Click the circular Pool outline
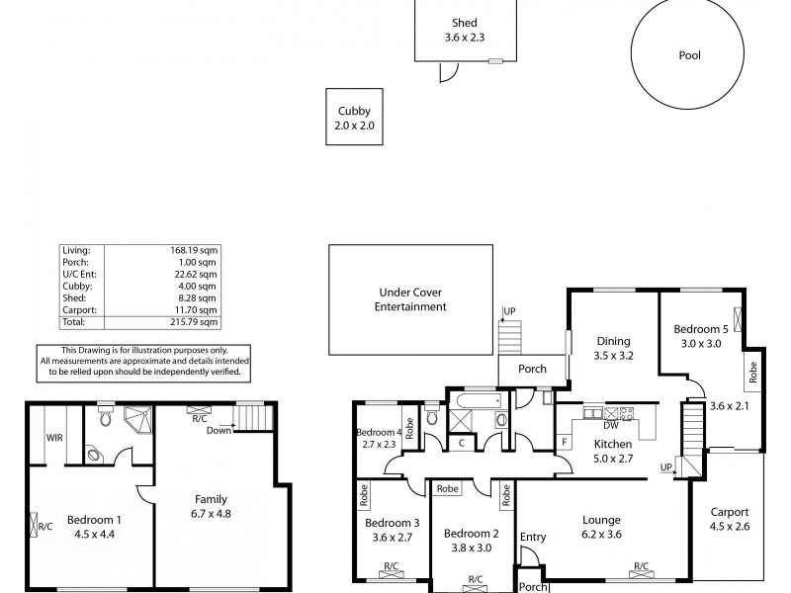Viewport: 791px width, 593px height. click(x=688, y=56)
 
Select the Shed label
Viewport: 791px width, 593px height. click(x=464, y=23)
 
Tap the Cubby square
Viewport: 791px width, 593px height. click(x=355, y=118)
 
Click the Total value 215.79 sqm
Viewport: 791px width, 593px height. click(x=196, y=322)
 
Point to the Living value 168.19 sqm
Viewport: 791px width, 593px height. click(x=196, y=251)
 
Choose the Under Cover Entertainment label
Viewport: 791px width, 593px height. click(x=410, y=299)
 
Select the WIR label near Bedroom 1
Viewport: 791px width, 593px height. click(x=54, y=438)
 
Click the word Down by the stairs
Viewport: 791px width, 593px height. click(x=219, y=430)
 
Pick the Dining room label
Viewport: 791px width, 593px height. click(x=613, y=339)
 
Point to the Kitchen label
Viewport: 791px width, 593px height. click(x=613, y=445)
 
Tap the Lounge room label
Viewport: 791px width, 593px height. click(x=600, y=520)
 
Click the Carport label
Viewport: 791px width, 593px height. click(x=729, y=512)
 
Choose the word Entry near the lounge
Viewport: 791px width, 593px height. click(x=533, y=538)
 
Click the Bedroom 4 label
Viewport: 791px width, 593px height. click(x=379, y=433)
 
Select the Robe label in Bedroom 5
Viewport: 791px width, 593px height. click(x=752, y=373)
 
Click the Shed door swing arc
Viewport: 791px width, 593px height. click(x=450, y=71)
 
